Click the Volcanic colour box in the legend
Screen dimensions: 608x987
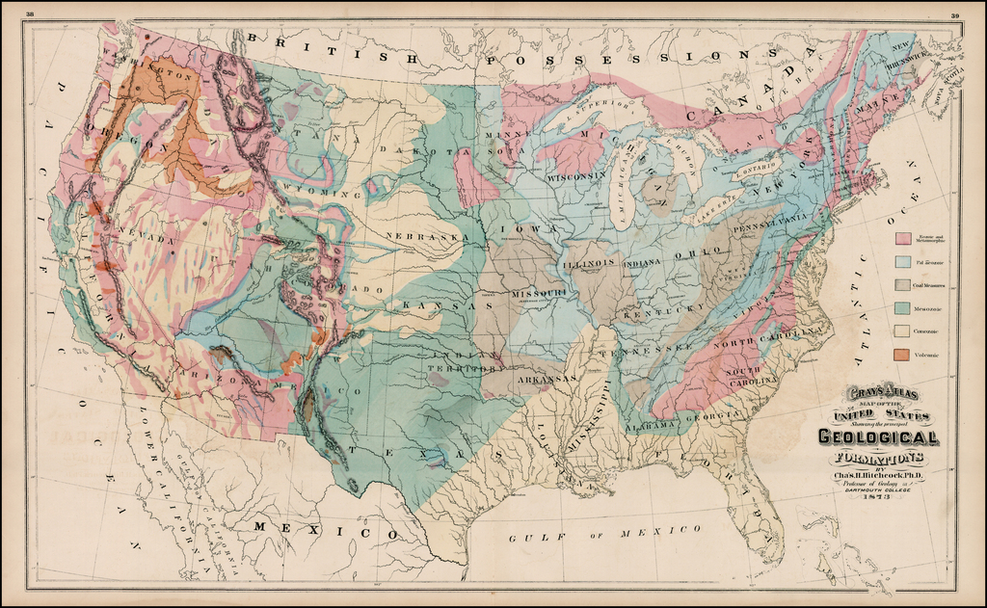tap(903, 355)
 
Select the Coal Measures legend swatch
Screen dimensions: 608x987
tap(903, 284)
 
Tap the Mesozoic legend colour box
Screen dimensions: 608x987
tap(903, 308)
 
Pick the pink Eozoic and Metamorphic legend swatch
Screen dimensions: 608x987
tap(903, 237)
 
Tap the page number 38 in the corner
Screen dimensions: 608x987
tap(31, 13)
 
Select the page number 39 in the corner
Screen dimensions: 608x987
tap(954, 13)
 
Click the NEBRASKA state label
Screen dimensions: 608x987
tap(420, 236)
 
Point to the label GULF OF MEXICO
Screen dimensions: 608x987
tap(605, 530)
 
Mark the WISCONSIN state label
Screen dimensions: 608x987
tap(576, 176)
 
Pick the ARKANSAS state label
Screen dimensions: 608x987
tap(547, 379)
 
